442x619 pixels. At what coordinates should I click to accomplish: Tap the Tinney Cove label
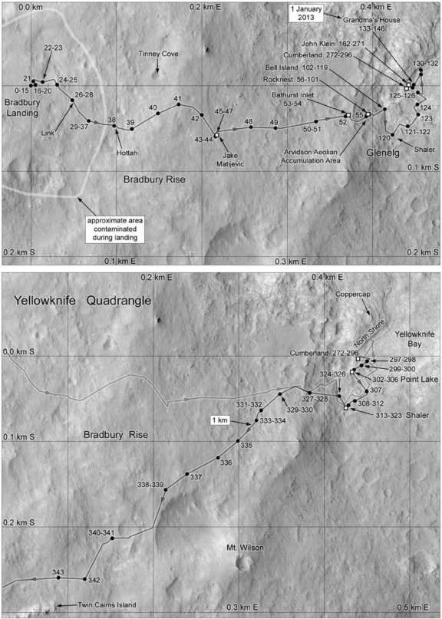point(159,54)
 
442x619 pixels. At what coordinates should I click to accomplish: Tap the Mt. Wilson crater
point(245,565)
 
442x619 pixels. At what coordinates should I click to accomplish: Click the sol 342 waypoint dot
point(83,579)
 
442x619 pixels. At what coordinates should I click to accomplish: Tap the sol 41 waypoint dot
point(178,105)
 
